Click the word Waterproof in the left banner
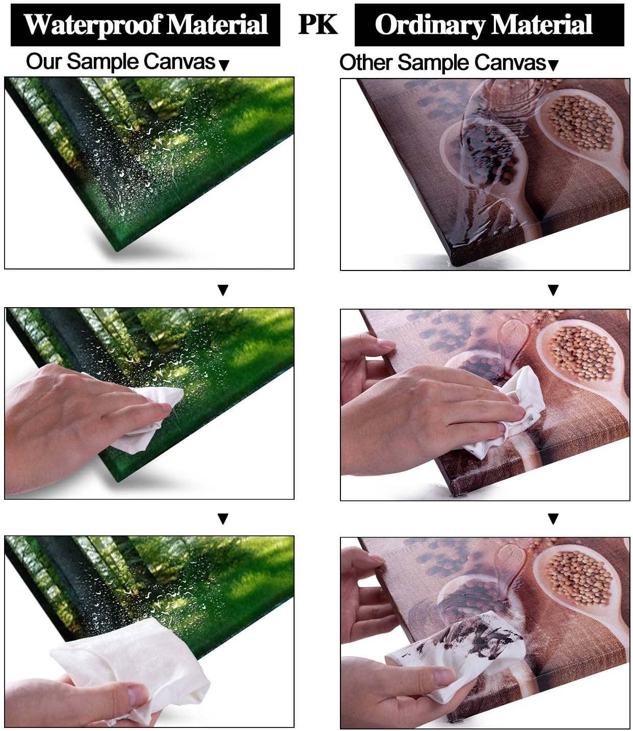[93, 25]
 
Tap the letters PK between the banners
[318, 24]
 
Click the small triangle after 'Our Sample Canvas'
[224, 65]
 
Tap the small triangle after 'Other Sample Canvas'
[553, 65]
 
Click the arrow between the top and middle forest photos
[223, 290]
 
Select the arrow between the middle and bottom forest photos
[223, 519]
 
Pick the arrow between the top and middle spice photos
[553, 290]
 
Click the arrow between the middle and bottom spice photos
[553, 519]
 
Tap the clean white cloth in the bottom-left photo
[135, 665]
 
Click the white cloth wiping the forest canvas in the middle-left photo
[149, 414]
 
